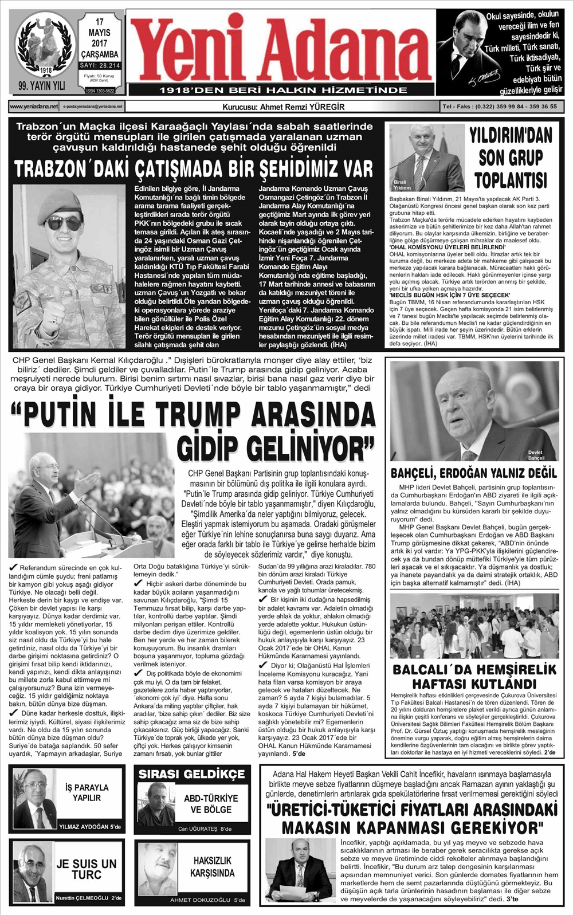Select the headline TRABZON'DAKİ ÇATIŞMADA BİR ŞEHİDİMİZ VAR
pos(193,170)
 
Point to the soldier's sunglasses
pos(65,222)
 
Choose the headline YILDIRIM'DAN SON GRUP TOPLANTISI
pos(511,157)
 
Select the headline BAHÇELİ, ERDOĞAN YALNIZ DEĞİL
pos(474,473)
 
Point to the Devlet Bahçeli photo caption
pos(536,455)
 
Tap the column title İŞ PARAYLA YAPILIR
pos(87,792)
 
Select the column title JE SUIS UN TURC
pos(87,869)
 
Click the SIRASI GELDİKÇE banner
pos(192,774)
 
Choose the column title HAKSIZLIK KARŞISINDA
pos(213,867)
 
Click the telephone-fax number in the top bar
pos(500,107)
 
